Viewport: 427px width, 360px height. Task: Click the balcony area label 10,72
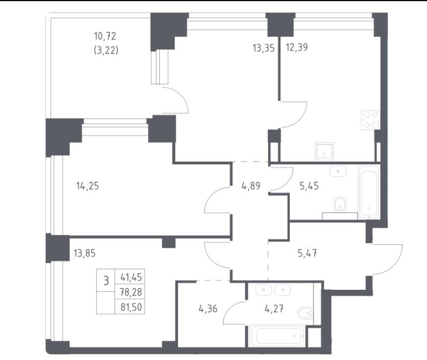click(105, 36)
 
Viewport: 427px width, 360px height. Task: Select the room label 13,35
click(264, 48)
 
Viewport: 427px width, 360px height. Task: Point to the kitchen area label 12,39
click(297, 48)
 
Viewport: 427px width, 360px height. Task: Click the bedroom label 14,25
click(88, 187)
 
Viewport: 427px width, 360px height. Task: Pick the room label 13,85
click(84, 253)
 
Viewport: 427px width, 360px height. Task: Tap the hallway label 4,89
click(251, 186)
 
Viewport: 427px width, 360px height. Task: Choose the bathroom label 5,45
click(309, 186)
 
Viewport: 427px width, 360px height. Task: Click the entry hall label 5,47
click(307, 253)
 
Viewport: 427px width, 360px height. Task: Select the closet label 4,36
click(208, 309)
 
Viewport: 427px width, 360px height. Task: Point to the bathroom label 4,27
click(274, 308)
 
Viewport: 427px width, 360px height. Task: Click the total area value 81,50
click(131, 307)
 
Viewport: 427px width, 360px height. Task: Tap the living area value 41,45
click(131, 277)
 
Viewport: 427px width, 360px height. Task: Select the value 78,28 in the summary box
click(131, 292)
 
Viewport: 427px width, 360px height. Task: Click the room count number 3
click(106, 280)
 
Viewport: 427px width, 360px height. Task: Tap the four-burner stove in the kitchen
click(370, 120)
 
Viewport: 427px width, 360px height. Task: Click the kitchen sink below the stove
click(324, 151)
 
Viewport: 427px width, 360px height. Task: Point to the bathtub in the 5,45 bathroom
click(369, 192)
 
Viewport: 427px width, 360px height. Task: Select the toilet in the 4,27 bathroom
click(306, 313)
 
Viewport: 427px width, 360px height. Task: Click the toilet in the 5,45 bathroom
click(340, 205)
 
